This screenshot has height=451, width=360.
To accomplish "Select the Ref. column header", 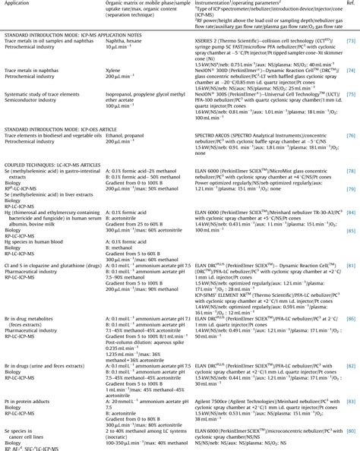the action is click(x=352, y=5).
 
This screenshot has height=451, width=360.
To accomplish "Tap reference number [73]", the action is click(x=352, y=57).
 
